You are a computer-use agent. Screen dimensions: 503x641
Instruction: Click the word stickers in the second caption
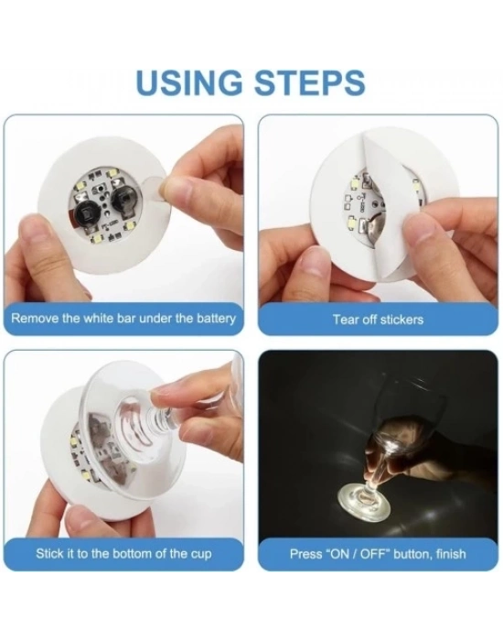coord(401,320)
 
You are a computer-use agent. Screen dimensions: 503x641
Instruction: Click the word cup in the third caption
coord(201,554)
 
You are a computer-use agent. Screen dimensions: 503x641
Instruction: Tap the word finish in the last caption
coord(451,554)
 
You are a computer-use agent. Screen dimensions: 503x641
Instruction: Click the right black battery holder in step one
coord(123,199)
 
